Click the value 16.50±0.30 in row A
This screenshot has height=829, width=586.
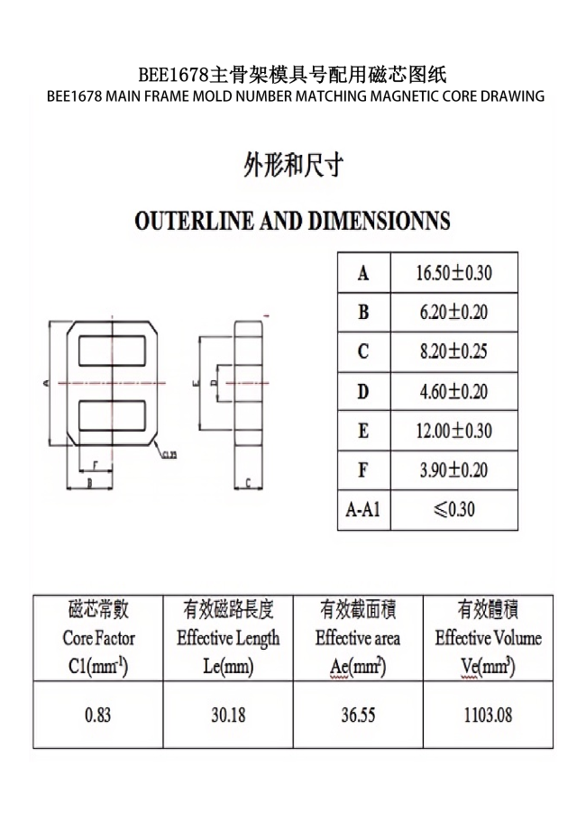(453, 273)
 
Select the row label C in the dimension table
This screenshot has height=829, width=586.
(362, 351)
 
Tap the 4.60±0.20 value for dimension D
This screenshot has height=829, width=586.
(453, 391)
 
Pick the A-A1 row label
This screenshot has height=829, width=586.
(362, 510)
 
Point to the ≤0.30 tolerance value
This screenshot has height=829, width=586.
(453, 510)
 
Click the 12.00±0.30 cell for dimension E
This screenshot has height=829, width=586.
(453, 431)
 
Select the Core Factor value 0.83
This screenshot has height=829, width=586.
(97, 715)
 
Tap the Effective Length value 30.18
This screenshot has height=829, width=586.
(228, 715)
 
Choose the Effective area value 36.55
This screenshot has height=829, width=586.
(358, 715)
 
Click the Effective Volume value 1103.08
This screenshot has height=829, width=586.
(489, 715)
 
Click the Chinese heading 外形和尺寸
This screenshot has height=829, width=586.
(292, 166)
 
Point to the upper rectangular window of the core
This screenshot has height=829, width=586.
(112, 350)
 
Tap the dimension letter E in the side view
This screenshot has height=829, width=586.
(197, 383)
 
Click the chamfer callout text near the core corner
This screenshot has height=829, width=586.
(169, 454)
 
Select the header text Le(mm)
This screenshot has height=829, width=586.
(228, 668)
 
